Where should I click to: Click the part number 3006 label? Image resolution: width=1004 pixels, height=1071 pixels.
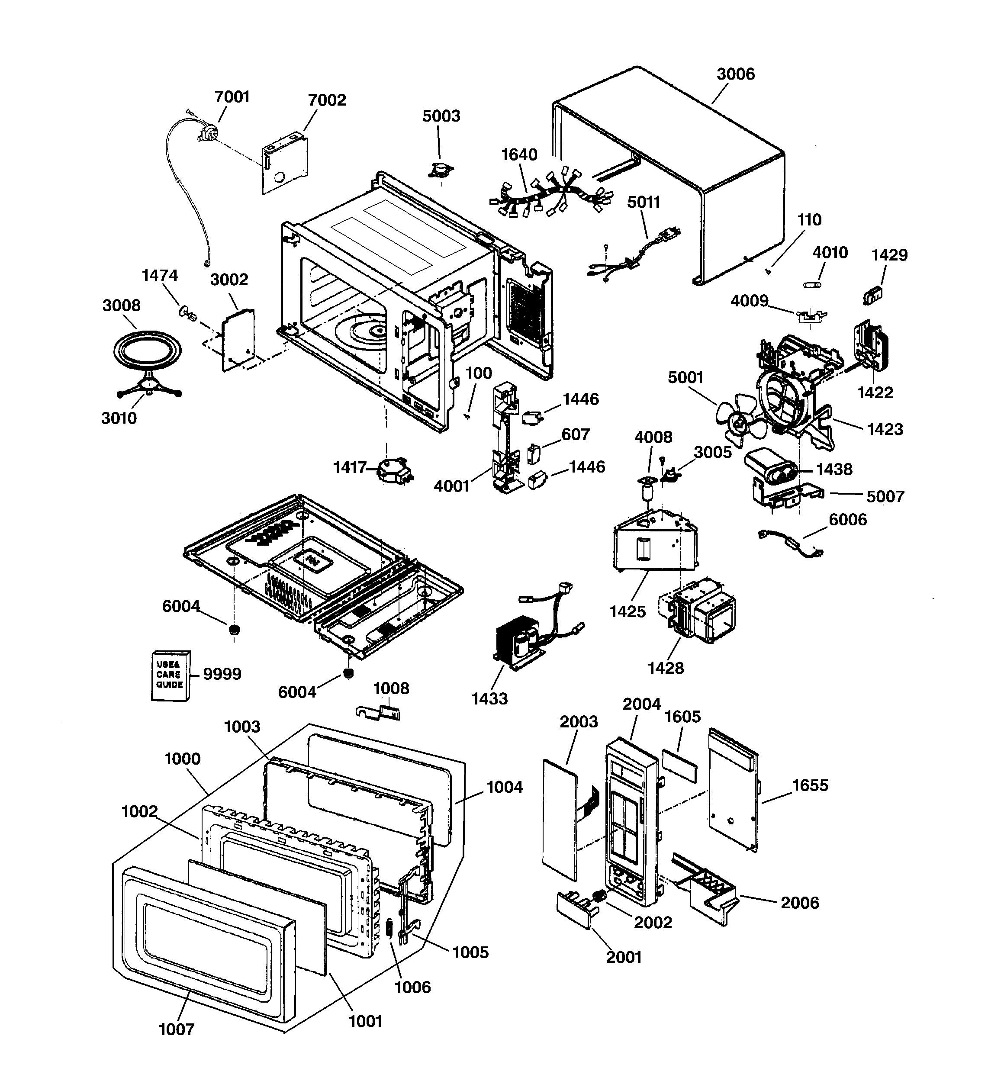point(735,74)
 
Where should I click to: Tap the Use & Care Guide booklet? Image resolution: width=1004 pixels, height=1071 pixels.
point(170,675)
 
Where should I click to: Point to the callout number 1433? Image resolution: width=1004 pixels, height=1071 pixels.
point(489,699)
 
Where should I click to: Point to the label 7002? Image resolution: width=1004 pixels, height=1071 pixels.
point(327,100)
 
